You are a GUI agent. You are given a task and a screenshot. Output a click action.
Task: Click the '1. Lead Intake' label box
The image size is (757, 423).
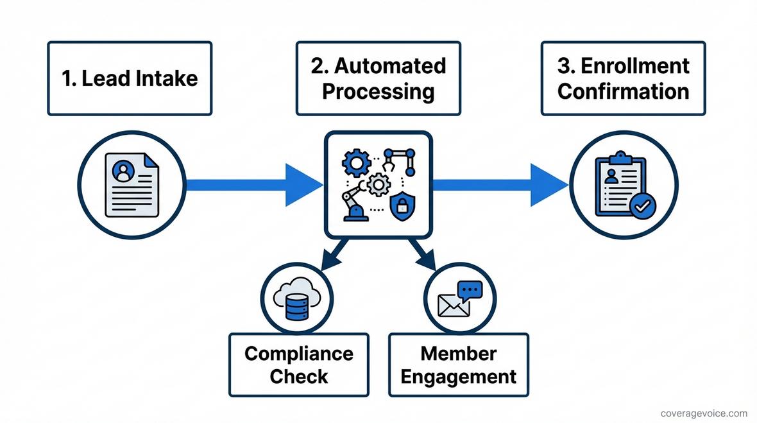coord(130,78)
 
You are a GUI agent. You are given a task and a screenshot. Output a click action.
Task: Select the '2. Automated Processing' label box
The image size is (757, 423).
coord(378,78)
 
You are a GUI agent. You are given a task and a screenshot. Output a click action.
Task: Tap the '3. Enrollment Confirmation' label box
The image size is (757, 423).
coord(623,78)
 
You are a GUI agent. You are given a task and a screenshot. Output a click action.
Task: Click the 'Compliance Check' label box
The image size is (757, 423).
coord(299,365)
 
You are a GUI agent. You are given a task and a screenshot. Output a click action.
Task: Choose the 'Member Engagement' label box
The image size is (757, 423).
coord(459,365)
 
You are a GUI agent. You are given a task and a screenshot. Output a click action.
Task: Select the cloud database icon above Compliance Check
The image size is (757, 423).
coord(296,300)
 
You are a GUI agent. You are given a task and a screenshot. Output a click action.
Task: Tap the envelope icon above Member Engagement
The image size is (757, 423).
coord(454,305)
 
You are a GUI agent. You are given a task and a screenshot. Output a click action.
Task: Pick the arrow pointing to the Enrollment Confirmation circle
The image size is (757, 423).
coord(500,186)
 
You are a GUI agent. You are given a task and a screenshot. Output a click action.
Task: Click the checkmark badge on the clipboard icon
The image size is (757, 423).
coord(643,205)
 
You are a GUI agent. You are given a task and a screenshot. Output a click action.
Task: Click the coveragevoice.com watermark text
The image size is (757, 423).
coord(704,413)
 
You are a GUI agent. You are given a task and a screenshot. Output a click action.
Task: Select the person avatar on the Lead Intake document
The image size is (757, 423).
coord(123,171)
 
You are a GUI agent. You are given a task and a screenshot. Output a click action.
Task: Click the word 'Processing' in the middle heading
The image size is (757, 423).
coord(378,91)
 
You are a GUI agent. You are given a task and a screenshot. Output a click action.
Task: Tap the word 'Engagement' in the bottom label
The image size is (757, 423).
coord(459,376)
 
